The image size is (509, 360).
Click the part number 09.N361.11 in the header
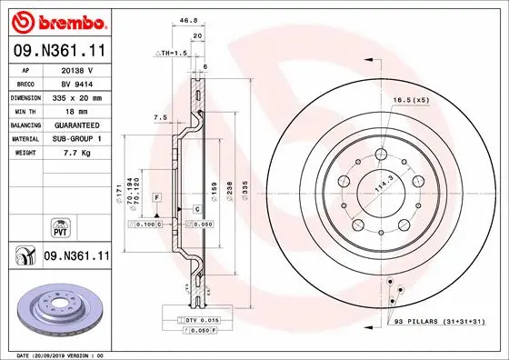[57, 53]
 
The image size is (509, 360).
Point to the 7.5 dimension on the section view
[160, 116]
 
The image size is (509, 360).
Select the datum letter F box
[157, 197]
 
